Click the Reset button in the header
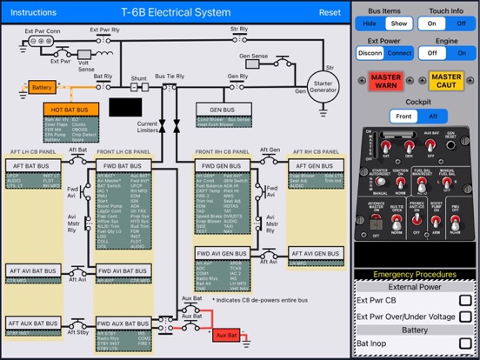[x=330, y=12]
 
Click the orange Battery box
[x=42, y=88]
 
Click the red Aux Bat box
[x=227, y=334]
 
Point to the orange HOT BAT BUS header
[x=77, y=110]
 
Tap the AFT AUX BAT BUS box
[x=34, y=323]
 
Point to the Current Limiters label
[x=147, y=128]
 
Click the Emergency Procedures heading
[x=416, y=276]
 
